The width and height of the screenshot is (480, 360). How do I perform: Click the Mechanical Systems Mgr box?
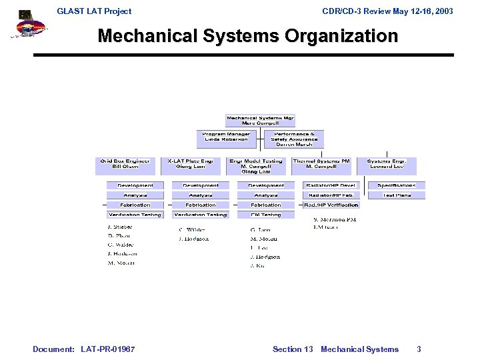click(x=260, y=121)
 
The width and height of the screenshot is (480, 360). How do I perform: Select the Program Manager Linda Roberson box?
click(x=226, y=138)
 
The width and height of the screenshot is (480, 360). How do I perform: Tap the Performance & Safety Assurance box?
click(x=293, y=138)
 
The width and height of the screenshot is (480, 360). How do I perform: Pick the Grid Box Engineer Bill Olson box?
click(x=125, y=164)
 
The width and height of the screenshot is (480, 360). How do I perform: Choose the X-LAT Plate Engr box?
click(x=190, y=164)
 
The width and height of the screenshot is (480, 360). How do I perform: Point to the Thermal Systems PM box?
click(x=321, y=164)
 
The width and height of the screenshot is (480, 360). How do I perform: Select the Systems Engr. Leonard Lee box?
click(x=387, y=164)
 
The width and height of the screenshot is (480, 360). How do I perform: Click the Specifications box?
click(x=397, y=185)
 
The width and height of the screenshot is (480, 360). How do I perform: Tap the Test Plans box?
click(x=397, y=195)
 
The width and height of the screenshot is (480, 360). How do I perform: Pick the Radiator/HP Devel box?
click(x=331, y=185)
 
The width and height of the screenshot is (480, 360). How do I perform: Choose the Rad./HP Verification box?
click(x=331, y=205)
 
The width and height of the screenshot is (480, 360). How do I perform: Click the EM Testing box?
click(x=266, y=215)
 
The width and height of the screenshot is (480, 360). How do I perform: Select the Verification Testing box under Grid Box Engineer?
click(x=135, y=215)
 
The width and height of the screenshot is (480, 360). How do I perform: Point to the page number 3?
click(x=419, y=349)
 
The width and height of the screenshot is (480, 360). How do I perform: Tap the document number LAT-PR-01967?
click(x=107, y=349)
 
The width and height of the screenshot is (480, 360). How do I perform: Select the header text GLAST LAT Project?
click(x=94, y=11)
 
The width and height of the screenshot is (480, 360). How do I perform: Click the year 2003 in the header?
click(x=441, y=11)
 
